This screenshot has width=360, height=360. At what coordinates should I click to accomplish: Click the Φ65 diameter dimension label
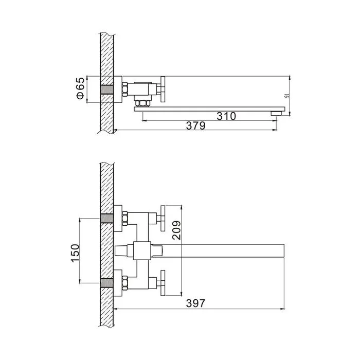81,88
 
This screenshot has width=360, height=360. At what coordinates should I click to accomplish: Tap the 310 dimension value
226,116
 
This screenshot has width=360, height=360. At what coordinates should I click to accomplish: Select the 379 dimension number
195,126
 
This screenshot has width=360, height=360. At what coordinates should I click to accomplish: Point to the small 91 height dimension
286,96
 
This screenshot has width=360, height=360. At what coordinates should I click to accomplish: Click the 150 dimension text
75,253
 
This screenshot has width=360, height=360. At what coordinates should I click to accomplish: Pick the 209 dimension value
176,230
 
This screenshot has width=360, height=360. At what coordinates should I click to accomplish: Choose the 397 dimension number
195,303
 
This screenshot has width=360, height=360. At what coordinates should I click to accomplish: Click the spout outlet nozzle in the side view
276,113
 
